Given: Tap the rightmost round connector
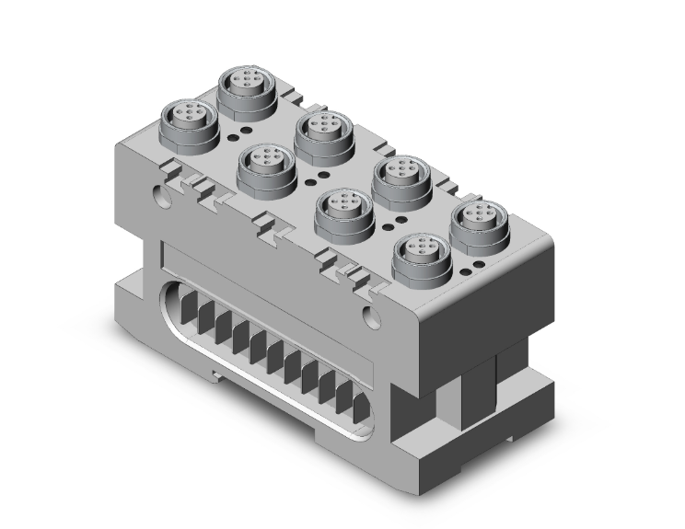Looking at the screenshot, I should pyautogui.click(x=480, y=220).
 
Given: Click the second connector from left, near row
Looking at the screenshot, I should pyautogui.click(x=266, y=166).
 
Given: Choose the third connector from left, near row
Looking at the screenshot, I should pyautogui.click(x=343, y=210).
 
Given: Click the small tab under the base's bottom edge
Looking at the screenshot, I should pyautogui.click(x=219, y=373).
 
